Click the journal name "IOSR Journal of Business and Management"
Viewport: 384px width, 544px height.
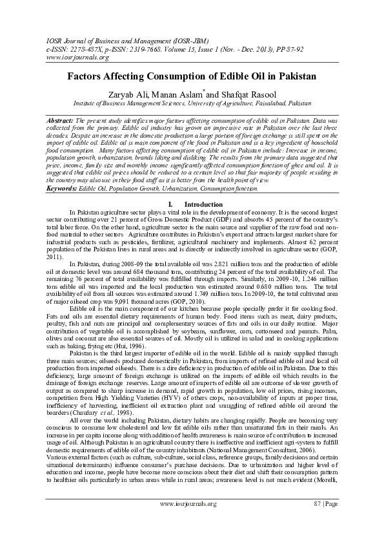point(106,40)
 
